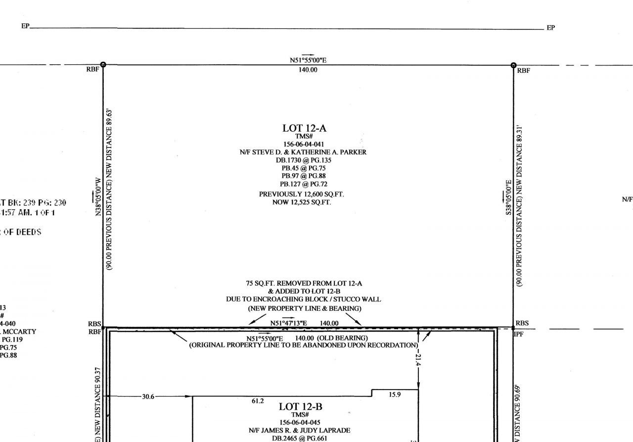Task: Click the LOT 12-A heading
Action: [304, 128]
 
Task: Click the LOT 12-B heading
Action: [301, 407]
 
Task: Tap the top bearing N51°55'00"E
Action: [308, 60]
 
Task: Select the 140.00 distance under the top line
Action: [308, 70]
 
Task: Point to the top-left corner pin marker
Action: [103, 65]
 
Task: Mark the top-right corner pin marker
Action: [513, 65]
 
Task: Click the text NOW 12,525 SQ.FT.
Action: [302, 202]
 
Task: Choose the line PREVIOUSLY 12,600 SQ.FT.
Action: [302, 195]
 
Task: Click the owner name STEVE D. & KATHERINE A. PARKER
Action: [303, 152]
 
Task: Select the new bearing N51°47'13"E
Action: [289, 323]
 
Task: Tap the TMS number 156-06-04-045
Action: [301, 422]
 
